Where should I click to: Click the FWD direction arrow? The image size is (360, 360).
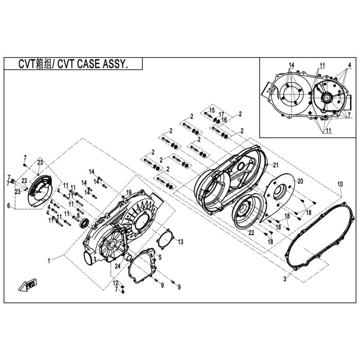(x=28, y=285)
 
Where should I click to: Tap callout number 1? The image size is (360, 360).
(x=49, y=261)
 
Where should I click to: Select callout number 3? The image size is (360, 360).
(x=285, y=279)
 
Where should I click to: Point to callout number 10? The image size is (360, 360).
(x=340, y=184)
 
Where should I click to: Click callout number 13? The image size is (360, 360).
(x=181, y=242)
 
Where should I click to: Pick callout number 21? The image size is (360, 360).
(x=276, y=165)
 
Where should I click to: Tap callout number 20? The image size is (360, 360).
(x=300, y=181)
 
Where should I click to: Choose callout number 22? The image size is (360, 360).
(x=251, y=232)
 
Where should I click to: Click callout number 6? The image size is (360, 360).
(x=9, y=206)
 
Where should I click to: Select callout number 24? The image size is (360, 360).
(x=118, y=266)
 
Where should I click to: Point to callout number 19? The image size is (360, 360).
(x=129, y=192)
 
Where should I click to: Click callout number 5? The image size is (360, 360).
(x=160, y=257)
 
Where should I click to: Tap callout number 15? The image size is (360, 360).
(x=212, y=110)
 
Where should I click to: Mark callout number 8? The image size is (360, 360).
(x=78, y=215)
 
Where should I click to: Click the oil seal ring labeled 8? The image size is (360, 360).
(x=84, y=224)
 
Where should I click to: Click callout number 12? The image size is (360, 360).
(x=115, y=283)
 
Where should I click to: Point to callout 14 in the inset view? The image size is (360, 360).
(x=291, y=65)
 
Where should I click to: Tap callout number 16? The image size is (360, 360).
(x=224, y=120)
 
